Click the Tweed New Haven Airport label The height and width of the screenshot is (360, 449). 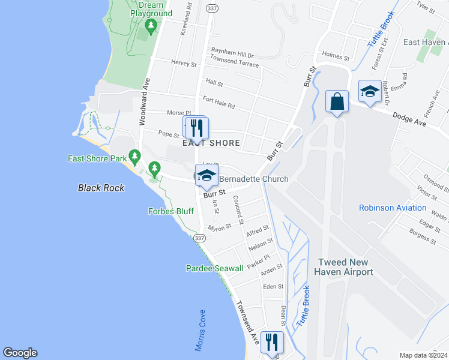tap(345, 267)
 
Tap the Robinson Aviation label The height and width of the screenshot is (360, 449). tap(393, 208)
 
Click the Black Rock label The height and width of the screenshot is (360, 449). tap(101, 188)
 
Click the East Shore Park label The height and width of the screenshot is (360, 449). tap(96, 158)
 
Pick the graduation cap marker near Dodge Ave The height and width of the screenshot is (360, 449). tap(369, 91)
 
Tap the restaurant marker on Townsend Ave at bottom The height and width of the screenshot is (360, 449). tap(273, 343)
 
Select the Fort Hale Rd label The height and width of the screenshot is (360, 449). tap(218, 103)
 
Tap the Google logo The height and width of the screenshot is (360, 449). tap(20, 353)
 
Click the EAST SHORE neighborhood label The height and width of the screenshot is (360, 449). tap(207, 143)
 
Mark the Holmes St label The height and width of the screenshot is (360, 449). tap(336, 56)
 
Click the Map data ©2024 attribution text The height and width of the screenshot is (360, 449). tap(423, 355)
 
